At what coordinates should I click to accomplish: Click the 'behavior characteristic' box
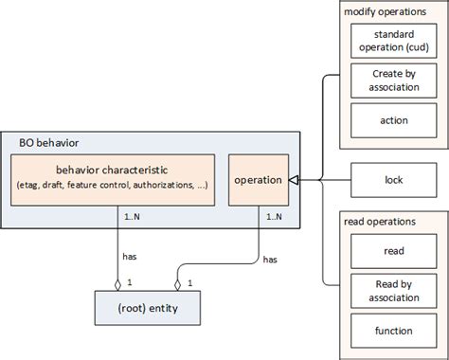(114, 179)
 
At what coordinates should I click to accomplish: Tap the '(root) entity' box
(148, 309)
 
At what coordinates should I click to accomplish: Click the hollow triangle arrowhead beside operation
(294, 179)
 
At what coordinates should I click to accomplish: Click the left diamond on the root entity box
(117, 282)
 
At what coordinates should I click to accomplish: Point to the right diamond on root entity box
(177, 282)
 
